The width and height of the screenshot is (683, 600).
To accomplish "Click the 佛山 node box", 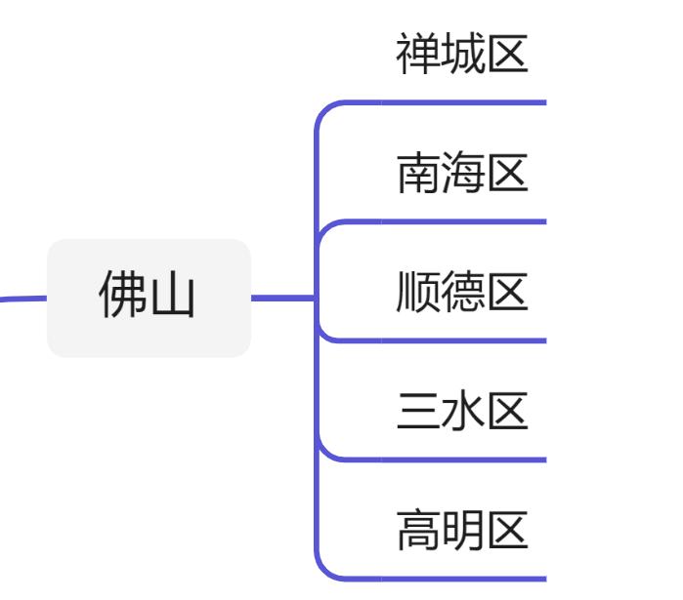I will coord(149,298).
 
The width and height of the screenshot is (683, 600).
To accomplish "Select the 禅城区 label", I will coord(462,57).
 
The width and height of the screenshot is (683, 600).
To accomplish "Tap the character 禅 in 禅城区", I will coord(417,57).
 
